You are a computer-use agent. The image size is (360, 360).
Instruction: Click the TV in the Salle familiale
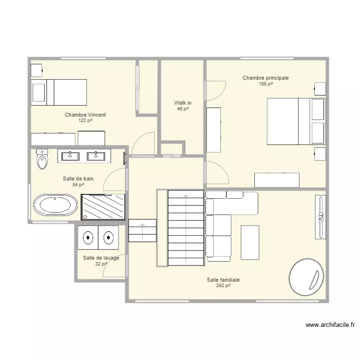point(320,217)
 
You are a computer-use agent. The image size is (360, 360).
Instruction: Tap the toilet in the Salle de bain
point(42,159)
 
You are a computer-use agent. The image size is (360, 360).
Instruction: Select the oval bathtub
point(55,205)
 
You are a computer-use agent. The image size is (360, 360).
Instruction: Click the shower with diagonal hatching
point(103,207)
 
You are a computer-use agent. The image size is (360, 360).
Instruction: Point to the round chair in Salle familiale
point(306,277)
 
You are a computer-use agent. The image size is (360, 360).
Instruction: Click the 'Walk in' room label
point(183,103)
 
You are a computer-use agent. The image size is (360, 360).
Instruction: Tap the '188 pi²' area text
point(265,84)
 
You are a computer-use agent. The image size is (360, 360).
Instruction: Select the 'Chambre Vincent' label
point(85,115)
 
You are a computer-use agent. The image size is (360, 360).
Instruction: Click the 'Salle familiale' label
point(223,280)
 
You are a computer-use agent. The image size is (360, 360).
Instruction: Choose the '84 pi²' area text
point(78,185)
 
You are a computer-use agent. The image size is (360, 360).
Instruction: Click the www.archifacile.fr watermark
point(330,325)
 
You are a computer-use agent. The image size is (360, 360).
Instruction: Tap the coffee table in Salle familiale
point(250,242)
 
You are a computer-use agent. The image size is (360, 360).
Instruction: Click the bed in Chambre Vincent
point(59,92)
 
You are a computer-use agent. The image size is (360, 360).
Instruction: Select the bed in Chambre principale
point(296,121)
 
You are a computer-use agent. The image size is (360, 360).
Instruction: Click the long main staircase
point(186,228)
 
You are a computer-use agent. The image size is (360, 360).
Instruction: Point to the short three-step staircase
point(143,230)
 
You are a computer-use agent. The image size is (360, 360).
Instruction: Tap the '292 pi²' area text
point(223,286)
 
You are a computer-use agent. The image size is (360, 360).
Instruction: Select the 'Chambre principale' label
point(265,78)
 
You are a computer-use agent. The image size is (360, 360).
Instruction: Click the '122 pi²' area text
point(85,120)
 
